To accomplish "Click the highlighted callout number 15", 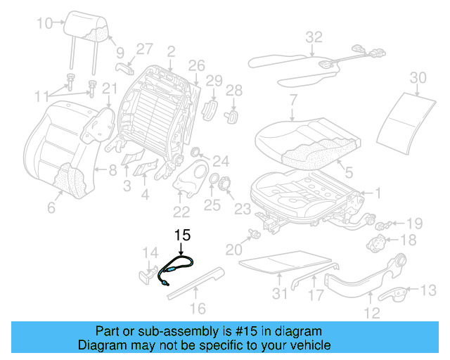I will [x=183, y=236].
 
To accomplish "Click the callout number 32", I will [x=314, y=37].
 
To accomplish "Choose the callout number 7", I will [x=292, y=100].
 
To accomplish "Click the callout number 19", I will [x=414, y=224].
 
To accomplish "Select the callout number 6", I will [x=50, y=207].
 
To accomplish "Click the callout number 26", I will [x=196, y=65].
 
